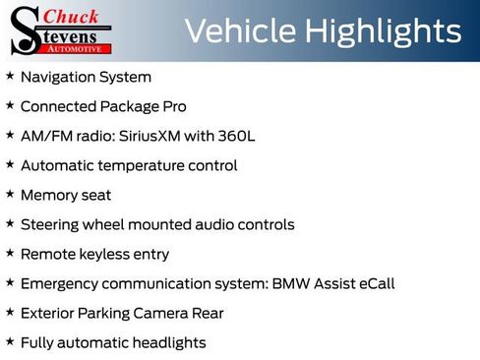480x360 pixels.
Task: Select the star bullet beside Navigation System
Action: pos(10,76)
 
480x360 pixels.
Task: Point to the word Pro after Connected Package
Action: pos(171,106)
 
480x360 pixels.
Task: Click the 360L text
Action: pos(236,136)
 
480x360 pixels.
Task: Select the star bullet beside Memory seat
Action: pos(10,194)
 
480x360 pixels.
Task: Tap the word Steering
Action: pos(49,224)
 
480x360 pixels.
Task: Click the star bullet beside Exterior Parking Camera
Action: pos(10,312)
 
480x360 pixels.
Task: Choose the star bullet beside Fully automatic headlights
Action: pos(10,341)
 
